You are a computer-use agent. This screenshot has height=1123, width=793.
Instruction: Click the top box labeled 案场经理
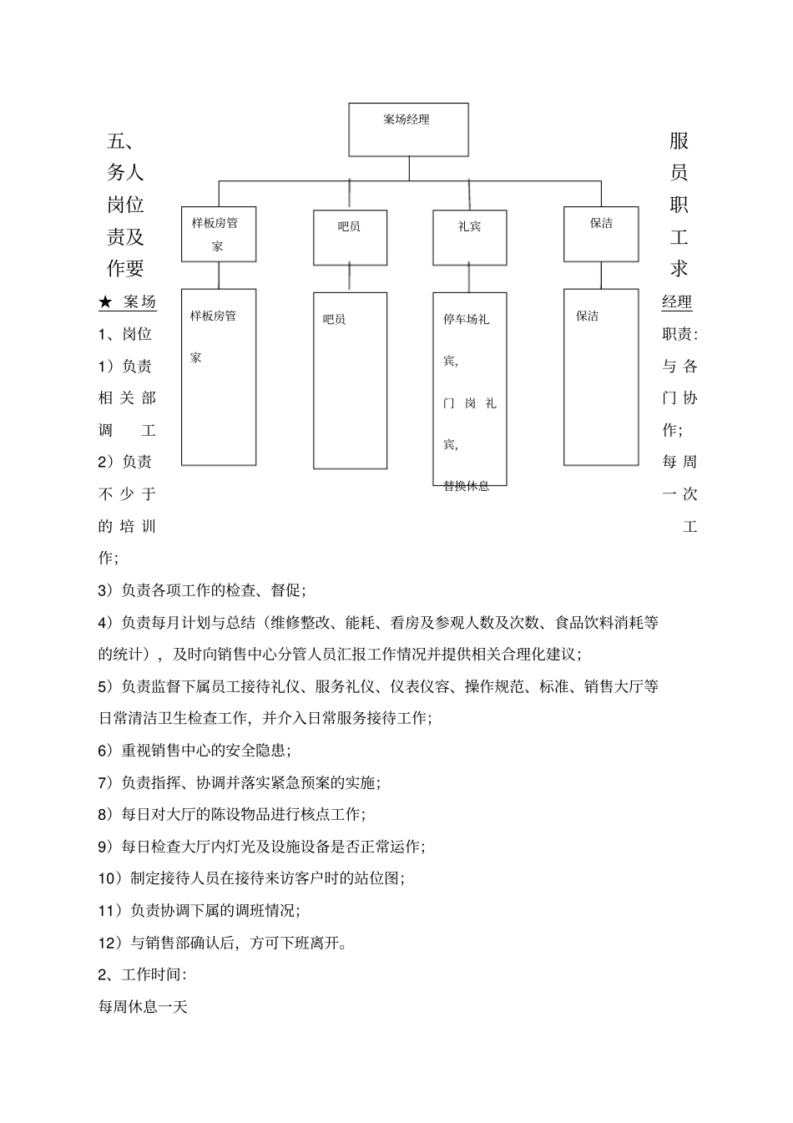408,129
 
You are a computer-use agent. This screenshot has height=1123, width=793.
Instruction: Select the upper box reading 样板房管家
219,234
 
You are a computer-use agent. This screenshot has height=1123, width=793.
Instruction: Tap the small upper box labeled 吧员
350,237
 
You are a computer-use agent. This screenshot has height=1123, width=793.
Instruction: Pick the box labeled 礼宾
469,237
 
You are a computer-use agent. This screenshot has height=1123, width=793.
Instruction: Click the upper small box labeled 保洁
601,234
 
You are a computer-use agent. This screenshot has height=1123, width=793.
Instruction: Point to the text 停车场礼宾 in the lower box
466,319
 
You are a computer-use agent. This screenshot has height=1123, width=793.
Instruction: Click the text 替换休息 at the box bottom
466,486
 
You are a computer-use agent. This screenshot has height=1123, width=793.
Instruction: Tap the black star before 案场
105,302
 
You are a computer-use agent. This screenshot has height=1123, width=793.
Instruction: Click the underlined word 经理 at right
677,302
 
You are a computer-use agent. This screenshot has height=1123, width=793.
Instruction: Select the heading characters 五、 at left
125,141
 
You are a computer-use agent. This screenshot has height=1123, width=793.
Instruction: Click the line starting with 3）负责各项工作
202,590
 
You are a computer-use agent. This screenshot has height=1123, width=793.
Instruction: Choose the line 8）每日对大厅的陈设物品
231,814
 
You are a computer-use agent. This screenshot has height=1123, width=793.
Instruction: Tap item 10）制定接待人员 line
251,878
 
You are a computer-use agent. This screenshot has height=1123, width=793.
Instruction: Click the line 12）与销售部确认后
223,943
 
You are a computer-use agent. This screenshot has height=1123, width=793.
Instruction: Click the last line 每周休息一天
143,1007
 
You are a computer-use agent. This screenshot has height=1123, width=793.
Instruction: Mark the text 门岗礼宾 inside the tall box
469,403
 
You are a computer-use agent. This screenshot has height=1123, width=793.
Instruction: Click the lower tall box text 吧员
334,319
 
